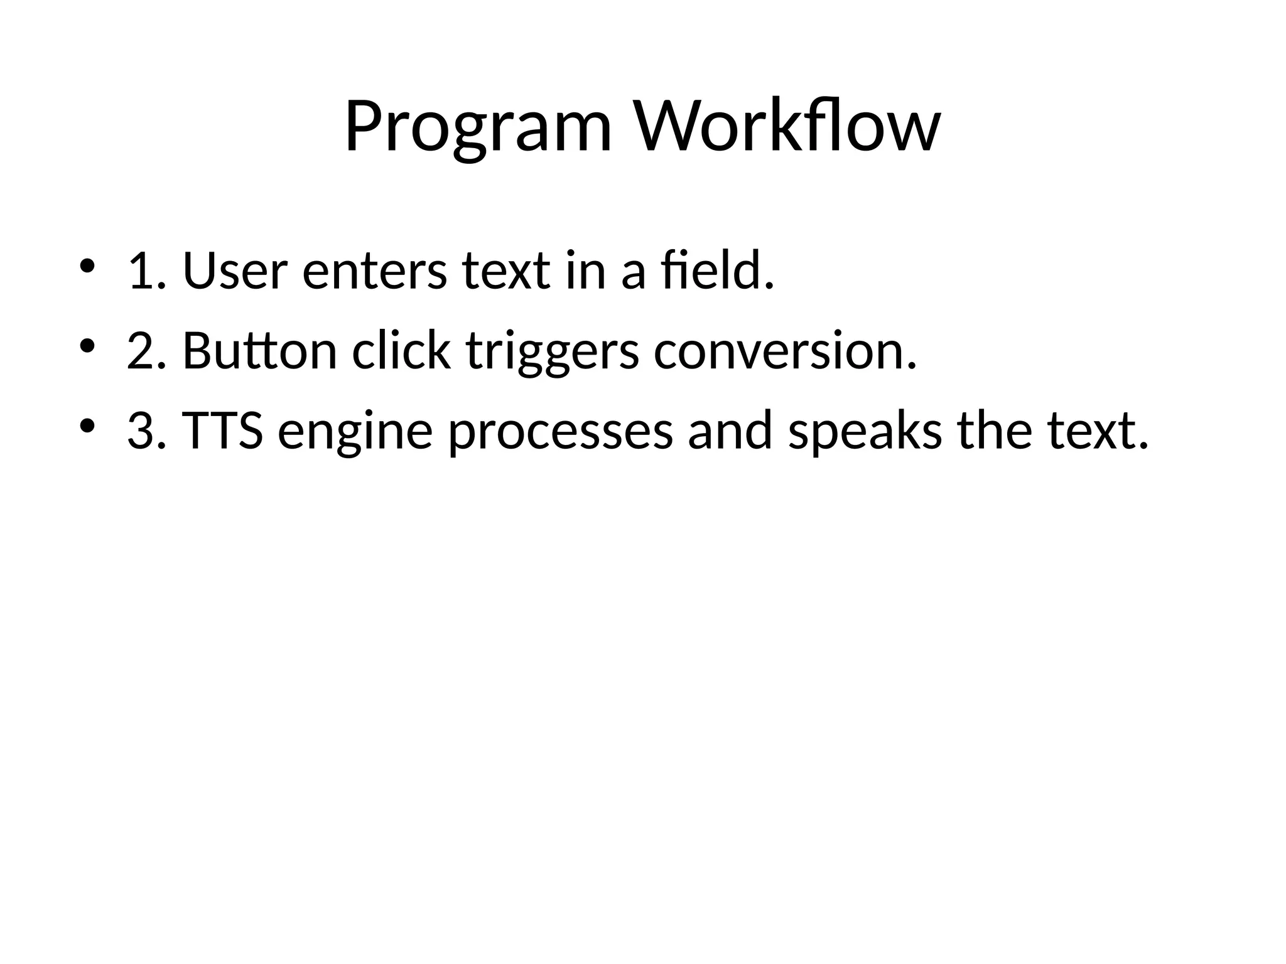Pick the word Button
tap(259, 351)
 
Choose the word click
tap(401, 350)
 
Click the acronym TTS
tap(222, 431)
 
